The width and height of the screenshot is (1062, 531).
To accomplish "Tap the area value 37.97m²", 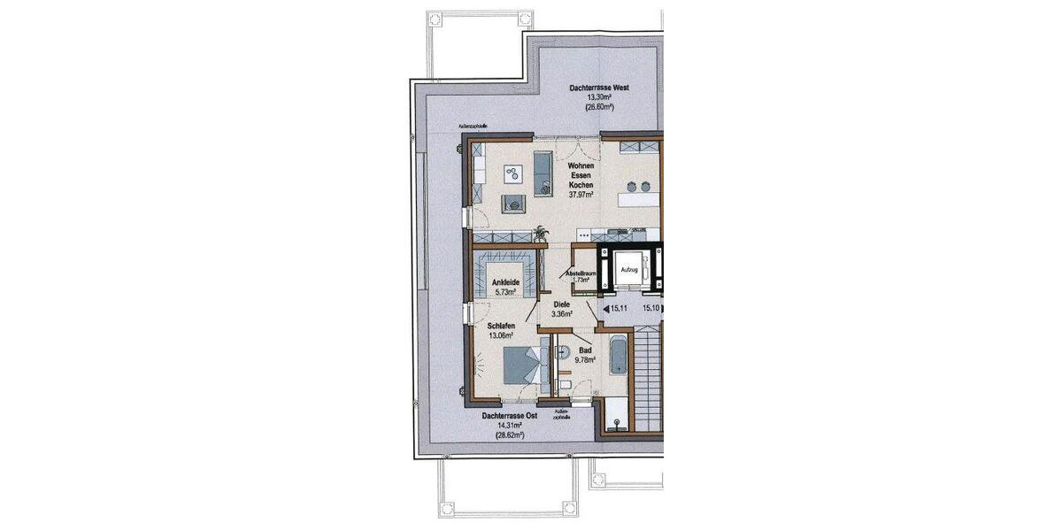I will [581, 195].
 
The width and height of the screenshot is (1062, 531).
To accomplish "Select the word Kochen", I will [581, 185].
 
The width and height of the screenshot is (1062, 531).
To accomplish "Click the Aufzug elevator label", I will [629, 268].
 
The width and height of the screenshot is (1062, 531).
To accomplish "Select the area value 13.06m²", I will [503, 335].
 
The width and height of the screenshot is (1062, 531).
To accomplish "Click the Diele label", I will [561, 304].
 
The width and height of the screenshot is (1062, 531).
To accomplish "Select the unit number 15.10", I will [652, 309].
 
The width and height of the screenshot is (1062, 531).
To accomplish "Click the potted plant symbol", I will [541, 235].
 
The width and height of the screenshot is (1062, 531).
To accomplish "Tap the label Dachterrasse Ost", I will [510, 415].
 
